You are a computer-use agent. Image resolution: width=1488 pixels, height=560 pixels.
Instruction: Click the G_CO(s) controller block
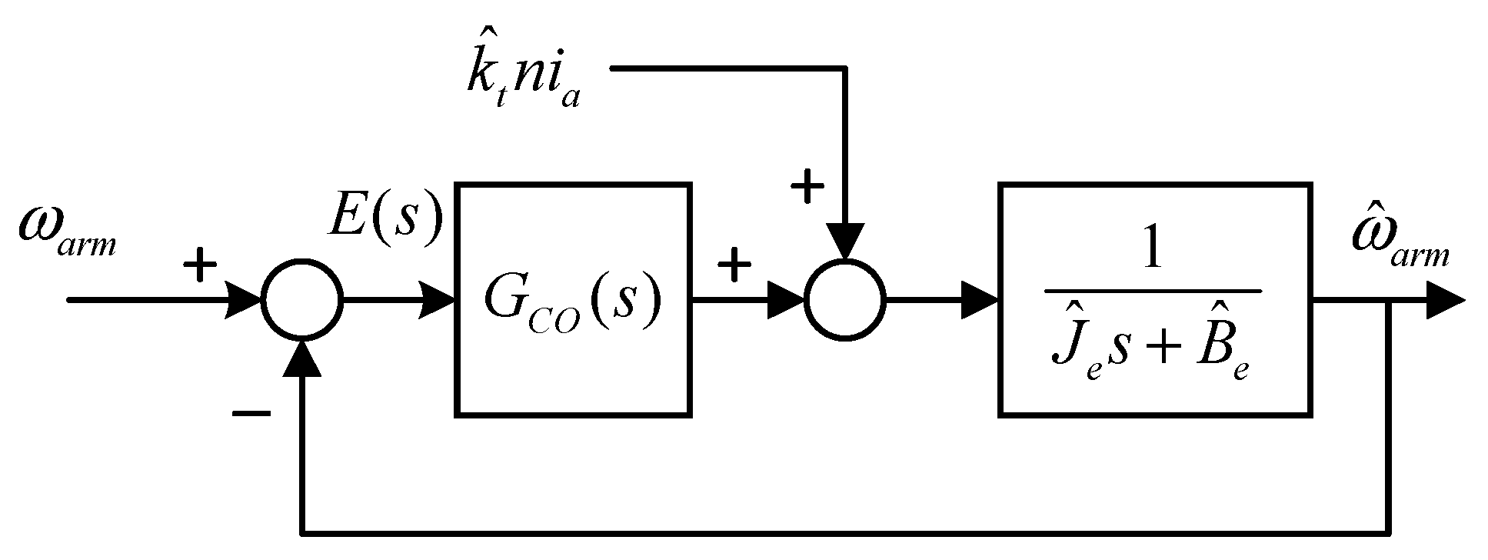[x=573, y=300]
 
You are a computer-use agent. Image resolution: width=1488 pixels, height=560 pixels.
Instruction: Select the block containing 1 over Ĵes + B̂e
[x=1154, y=300]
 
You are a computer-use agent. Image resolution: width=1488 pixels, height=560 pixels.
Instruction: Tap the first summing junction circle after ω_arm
[x=301, y=300]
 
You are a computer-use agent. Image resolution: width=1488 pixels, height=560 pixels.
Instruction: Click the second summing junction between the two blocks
[x=845, y=300]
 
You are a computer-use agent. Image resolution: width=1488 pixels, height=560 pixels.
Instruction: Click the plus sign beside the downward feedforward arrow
[x=807, y=187]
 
